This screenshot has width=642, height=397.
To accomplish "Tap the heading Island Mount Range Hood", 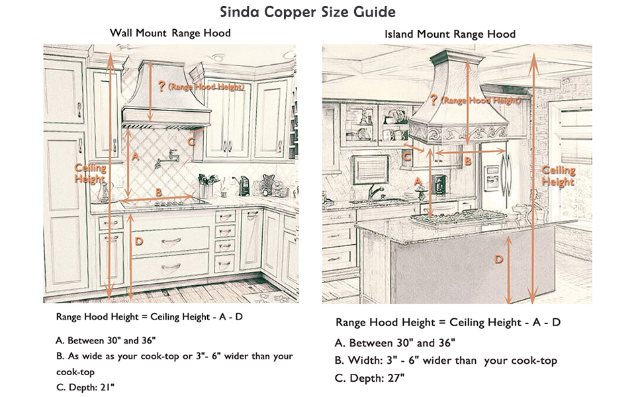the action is pos(449,34).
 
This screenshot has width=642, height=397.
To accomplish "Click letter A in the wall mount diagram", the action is pos(135,157).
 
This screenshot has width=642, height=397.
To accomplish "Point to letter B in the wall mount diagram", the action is pos(158,192).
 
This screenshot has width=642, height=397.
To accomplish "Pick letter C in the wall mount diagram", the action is pos(191,140).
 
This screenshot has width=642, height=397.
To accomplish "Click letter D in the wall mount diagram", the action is pos(138,242).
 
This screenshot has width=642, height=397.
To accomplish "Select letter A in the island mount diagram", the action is pos(418,180).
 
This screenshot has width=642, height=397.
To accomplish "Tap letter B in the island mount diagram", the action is pos(467,160).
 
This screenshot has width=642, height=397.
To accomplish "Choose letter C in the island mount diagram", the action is pos(408,157).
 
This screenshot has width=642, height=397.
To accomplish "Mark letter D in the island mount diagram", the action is pos(499,260).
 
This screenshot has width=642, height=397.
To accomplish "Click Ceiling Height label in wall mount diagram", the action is pos(90,174).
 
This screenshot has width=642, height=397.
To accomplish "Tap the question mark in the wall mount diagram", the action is pos(160,85).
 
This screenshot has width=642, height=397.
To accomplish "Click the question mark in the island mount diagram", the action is pos(434,100).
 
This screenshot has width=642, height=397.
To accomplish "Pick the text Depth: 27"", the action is pos(370,378).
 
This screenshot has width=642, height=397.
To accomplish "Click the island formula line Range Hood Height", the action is pos(448,322).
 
